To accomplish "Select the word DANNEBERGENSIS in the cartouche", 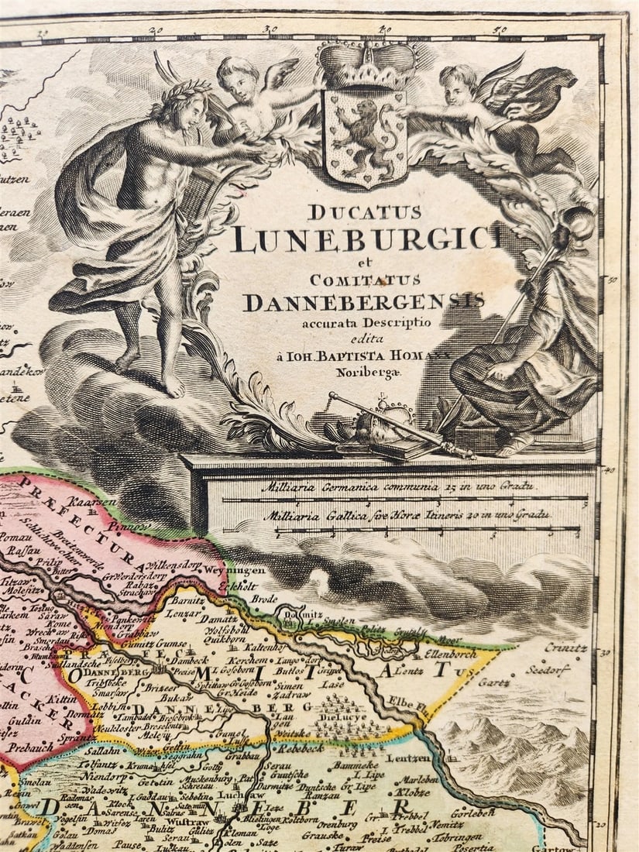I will [363, 301].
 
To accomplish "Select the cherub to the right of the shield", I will [496, 108].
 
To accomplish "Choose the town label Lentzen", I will [408, 758].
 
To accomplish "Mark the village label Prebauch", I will [29, 749].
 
